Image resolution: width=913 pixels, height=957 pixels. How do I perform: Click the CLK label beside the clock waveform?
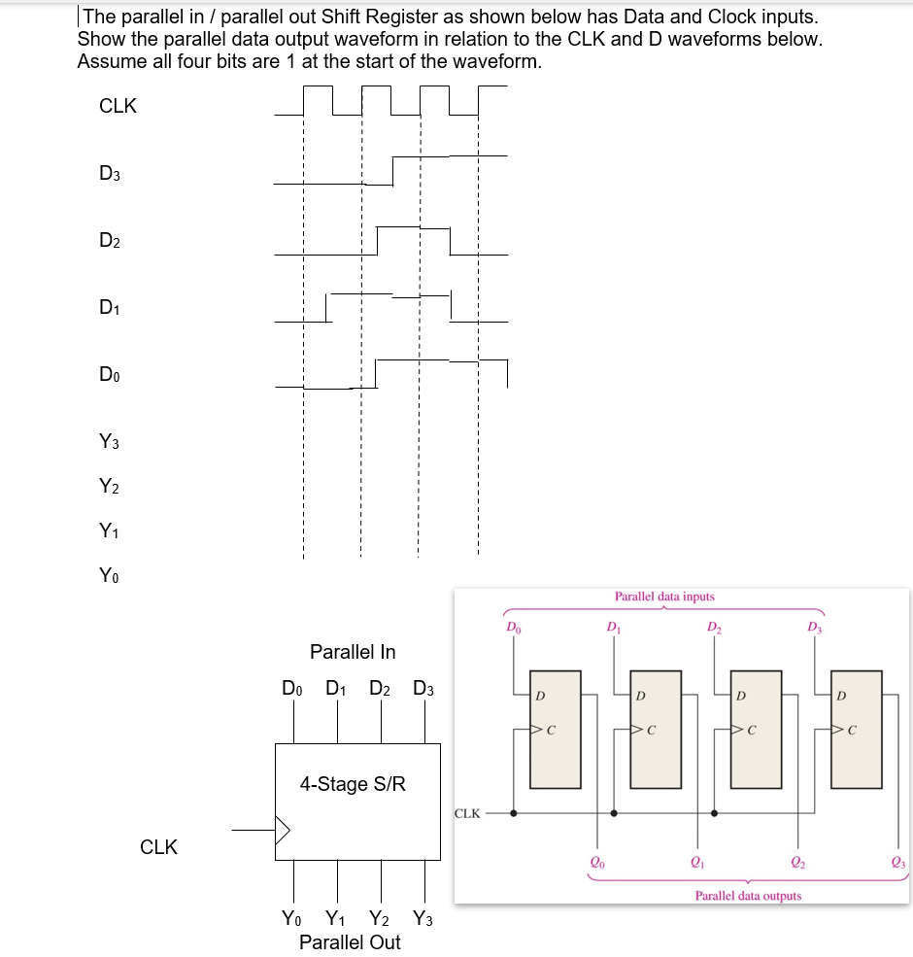coord(118,107)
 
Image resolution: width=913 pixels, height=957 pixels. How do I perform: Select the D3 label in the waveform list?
coord(110,174)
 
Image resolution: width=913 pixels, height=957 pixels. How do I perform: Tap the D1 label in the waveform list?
coord(110,308)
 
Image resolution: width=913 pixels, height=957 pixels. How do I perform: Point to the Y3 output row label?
coord(110,443)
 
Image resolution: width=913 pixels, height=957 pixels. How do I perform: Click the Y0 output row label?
coord(110,576)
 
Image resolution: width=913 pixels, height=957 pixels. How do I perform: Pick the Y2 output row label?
coord(110,488)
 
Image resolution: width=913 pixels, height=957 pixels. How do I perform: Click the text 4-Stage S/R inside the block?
coord(353,784)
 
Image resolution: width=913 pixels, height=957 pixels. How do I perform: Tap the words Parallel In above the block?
coord(353,652)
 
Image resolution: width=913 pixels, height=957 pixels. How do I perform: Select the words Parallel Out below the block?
coord(350,942)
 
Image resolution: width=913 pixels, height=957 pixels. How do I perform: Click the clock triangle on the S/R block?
coord(283,831)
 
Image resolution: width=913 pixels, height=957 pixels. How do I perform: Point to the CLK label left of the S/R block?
coord(158,847)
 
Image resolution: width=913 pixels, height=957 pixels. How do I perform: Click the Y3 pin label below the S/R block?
coord(423,918)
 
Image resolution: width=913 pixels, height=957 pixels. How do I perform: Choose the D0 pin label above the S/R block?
coord(292,689)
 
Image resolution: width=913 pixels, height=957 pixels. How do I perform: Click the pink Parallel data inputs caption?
coord(664,597)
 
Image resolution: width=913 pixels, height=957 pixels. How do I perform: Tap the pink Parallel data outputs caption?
coord(748,896)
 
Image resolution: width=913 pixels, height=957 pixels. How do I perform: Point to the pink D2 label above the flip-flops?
coord(714,626)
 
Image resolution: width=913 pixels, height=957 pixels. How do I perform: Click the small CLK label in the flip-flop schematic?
coord(467,813)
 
